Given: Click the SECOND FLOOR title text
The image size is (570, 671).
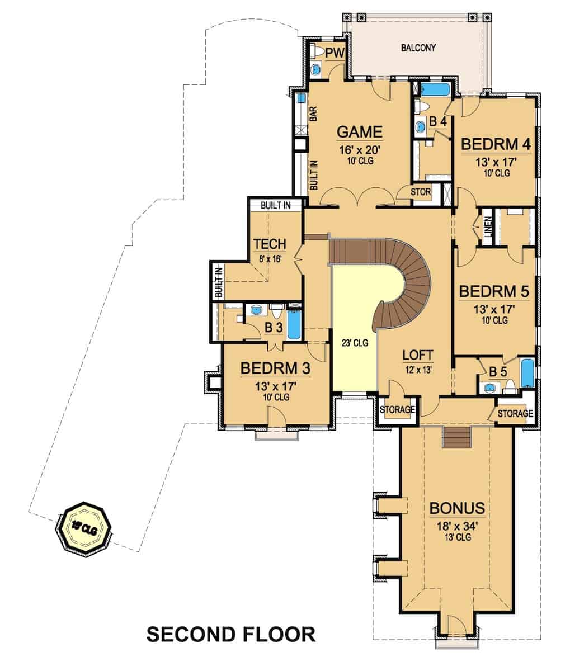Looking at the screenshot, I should point(230,634).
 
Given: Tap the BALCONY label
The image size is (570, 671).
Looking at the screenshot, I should point(418,48).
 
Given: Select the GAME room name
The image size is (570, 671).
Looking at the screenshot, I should point(359,133).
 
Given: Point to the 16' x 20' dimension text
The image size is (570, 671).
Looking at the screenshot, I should point(359,149).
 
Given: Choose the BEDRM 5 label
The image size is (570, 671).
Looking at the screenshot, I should point(494,291).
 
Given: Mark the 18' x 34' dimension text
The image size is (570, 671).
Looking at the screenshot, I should point(456,525).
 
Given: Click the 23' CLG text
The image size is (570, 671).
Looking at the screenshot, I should point(355,343).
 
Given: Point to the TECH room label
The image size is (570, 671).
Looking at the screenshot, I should point(270,244).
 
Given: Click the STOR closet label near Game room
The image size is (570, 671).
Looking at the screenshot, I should point(421,192).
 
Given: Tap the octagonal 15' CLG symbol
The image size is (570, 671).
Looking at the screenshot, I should point(84,528).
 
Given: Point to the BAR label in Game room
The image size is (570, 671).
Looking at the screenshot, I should point(314,114).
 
